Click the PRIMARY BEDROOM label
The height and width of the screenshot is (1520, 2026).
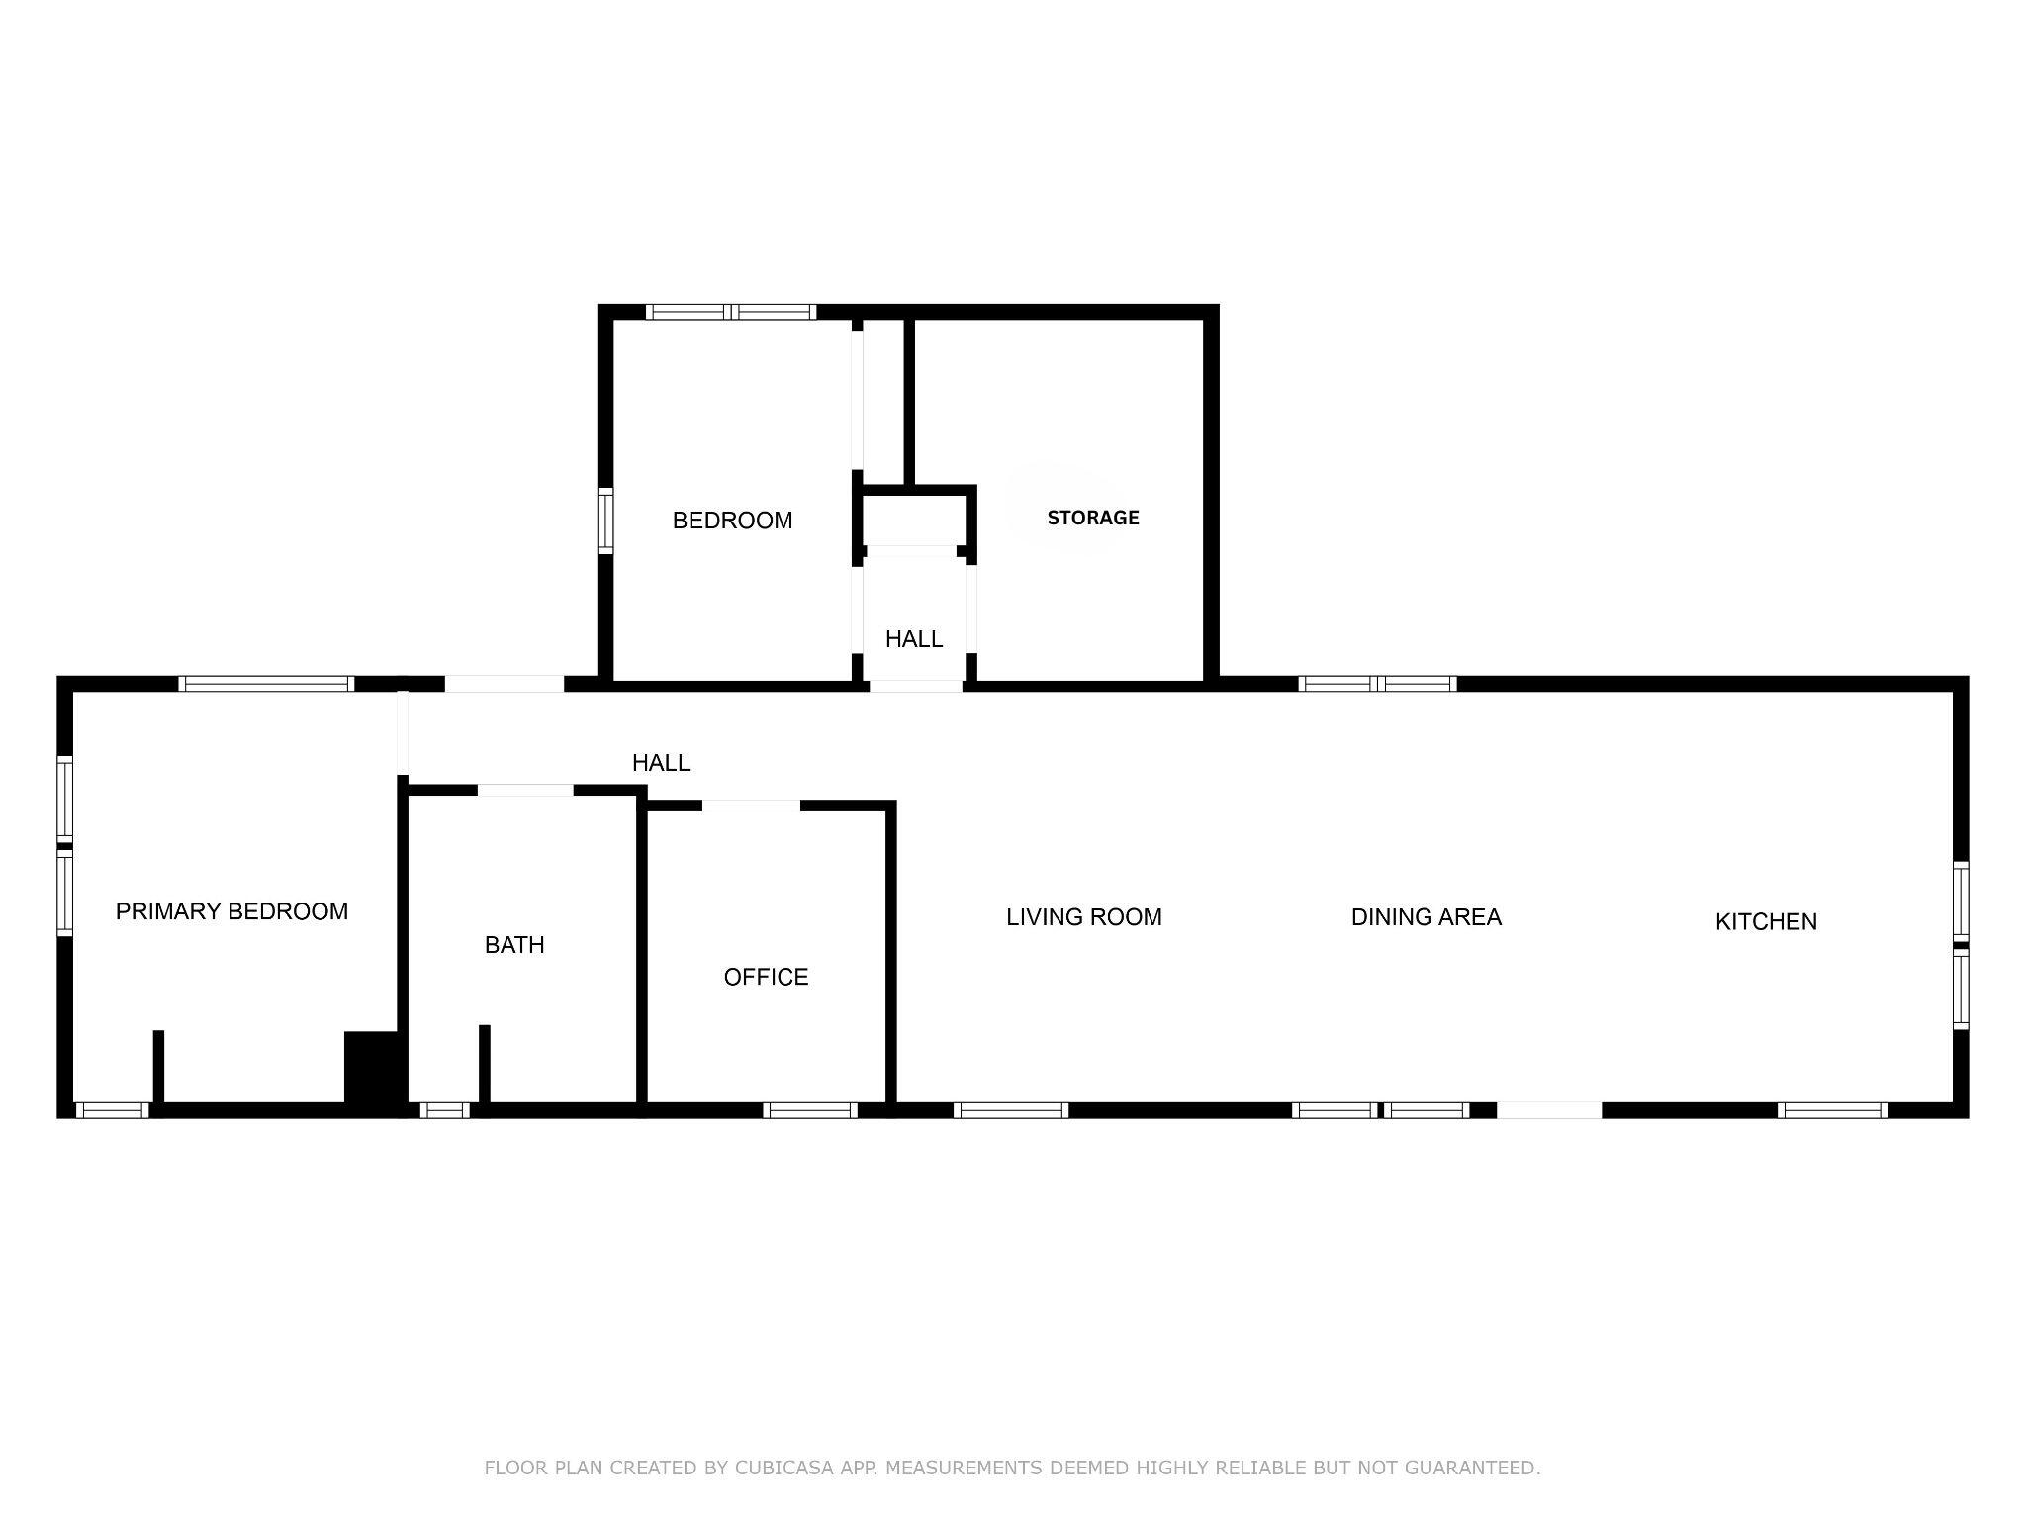pos(231,911)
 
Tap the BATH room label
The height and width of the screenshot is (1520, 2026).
pos(514,945)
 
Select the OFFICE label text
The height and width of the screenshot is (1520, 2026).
pos(766,977)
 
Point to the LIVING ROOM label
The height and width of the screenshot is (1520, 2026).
pos(1083,917)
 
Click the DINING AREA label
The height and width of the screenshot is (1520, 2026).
pos(1426,917)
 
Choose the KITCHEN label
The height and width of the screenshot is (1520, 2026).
pos(1766,921)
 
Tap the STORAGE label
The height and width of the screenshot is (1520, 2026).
pos(1092,518)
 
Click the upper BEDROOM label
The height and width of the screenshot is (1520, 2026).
pos(732,521)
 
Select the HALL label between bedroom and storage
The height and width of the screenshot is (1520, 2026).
pos(913,639)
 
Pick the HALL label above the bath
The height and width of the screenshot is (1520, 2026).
pos(660,763)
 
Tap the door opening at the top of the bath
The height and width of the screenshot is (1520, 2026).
pos(525,790)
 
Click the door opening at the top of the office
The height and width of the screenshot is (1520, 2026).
pos(751,806)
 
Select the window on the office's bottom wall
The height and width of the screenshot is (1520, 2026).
pos(809,1110)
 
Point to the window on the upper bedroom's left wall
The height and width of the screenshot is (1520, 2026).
pos(604,520)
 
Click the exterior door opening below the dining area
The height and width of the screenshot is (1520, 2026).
pos(1548,1110)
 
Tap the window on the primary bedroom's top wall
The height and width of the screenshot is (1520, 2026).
pos(266,683)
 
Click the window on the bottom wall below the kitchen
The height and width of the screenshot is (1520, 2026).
pos(1831,1110)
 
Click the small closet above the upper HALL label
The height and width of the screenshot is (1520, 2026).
pos(914,517)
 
